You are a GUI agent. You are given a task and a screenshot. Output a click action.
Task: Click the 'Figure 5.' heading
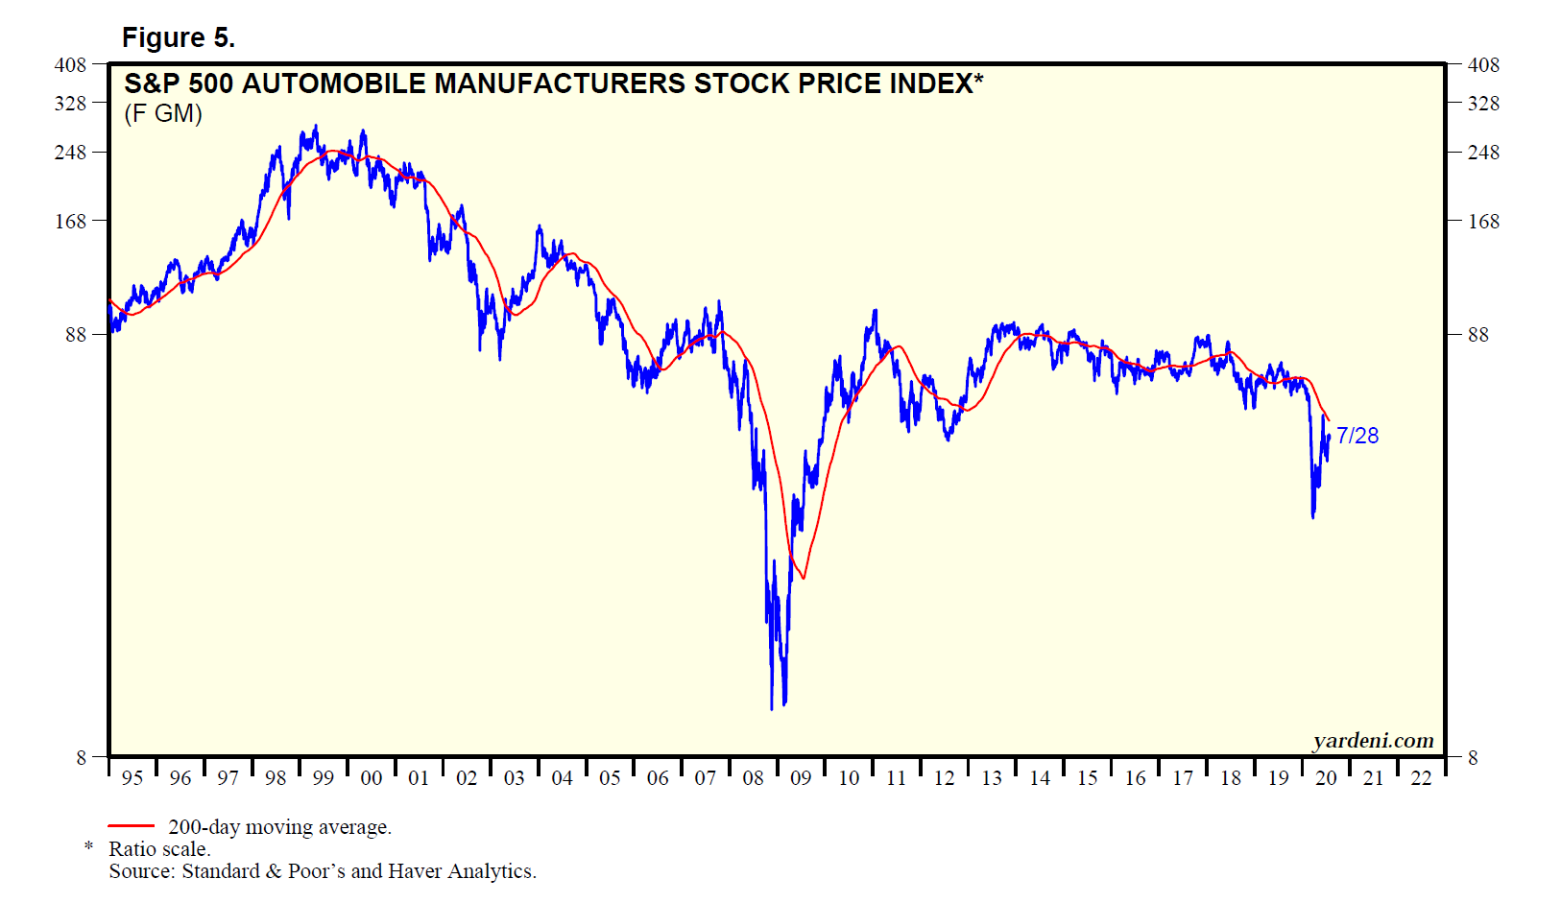coord(178,37)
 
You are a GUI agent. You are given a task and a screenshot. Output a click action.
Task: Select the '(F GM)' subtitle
coord(163,114)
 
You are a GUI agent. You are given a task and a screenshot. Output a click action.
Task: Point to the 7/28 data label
coord(1357,436)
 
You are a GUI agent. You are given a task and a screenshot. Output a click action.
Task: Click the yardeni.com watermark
coord(1373,741)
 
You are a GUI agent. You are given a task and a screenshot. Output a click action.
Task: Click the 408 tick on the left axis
coord(70,65)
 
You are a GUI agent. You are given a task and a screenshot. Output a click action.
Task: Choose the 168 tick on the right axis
coord(1483,222)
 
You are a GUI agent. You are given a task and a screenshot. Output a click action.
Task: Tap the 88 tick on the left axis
coord(76,335)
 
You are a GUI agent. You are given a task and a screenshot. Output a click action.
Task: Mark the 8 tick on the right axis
coord(1473,758)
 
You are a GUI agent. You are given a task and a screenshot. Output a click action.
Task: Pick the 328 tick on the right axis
coord(1483,104)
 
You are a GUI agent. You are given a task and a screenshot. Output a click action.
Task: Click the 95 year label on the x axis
coord(132,778)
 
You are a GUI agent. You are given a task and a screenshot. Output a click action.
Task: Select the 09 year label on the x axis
coord(801,778)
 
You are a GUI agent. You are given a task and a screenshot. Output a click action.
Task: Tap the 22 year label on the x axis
coord(1421,778)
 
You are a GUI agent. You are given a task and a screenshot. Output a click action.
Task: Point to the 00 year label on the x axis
coord(372,778)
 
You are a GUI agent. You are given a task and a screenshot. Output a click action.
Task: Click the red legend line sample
coord(131,825)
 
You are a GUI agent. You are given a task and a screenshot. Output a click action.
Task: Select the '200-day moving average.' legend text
coord(279,827)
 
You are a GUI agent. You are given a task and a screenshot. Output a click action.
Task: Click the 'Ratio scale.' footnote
coord(159,849)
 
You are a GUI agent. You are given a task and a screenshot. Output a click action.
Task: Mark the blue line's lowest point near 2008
coord(772,708)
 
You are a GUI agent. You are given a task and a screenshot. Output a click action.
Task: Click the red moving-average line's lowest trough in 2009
coord(803,578)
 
